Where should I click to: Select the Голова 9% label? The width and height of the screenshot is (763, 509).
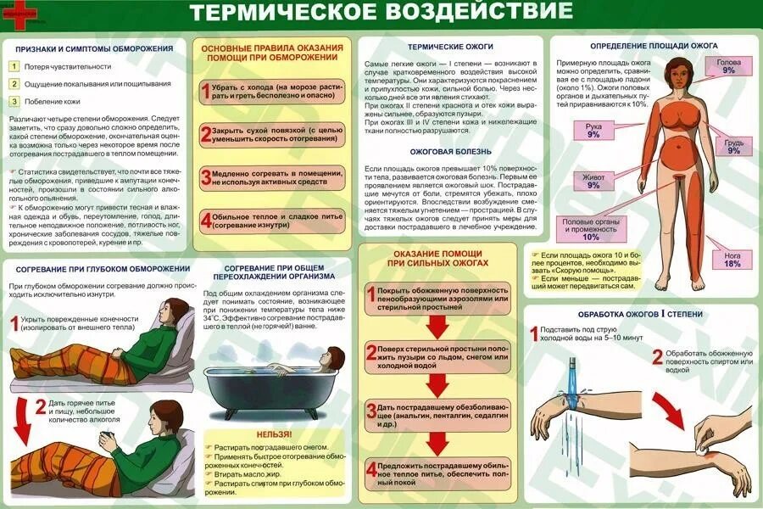(728, 67)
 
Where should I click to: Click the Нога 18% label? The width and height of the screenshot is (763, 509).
(732, 260)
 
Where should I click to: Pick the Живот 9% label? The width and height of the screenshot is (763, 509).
(593, 180)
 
